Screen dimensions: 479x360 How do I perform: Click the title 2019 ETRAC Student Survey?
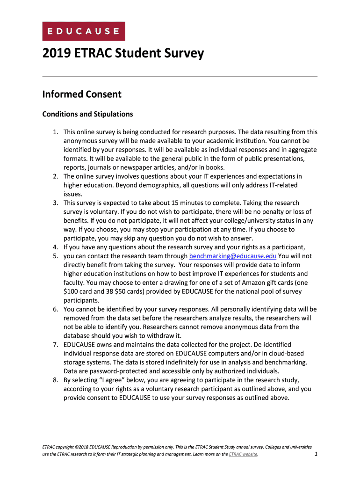123,53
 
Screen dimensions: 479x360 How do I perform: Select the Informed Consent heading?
82,94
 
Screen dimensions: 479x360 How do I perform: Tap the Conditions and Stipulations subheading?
87,114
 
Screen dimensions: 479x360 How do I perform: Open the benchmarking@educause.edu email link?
232,256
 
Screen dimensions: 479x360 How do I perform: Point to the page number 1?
316,454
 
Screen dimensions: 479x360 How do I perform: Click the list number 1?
55,132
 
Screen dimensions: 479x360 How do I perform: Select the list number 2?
55,176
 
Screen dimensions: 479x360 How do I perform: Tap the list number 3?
55,203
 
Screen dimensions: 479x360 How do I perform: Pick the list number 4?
55,247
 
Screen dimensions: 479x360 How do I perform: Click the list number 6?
55,309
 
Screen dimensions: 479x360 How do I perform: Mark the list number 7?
55,345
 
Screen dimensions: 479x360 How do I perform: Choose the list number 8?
55,380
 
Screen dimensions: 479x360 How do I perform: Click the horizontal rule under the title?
180,76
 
